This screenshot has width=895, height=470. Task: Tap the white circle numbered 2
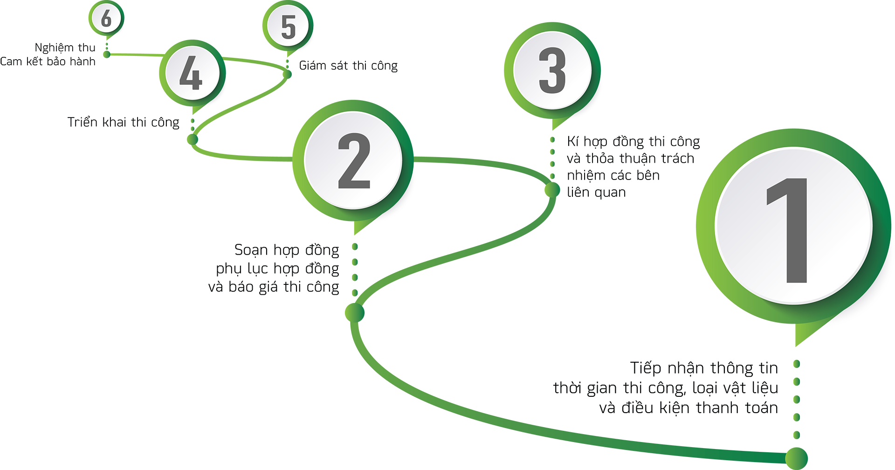tap(353, 160)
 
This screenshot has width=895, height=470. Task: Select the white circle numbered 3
tap(552, 70)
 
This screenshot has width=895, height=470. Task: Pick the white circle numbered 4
tap(192, 74)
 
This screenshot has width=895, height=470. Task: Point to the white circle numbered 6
tap(107, 18)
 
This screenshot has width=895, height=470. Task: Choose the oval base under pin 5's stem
tap(285, 73)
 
